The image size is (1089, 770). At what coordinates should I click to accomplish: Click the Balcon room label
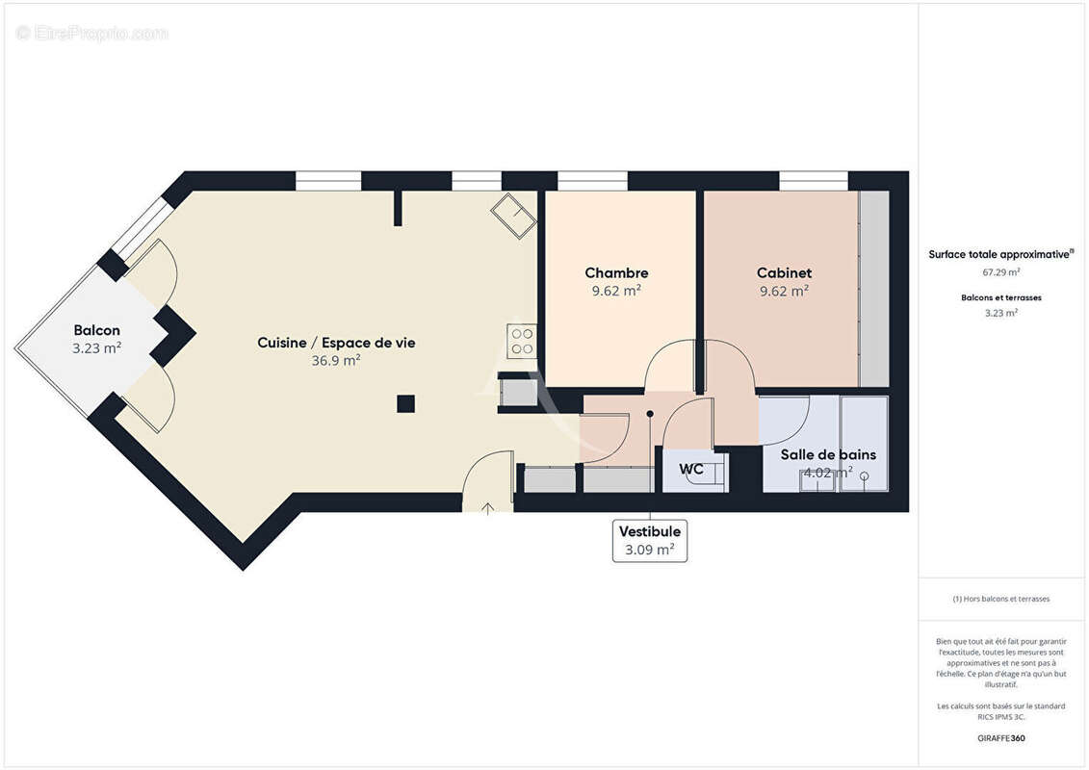[96, 330]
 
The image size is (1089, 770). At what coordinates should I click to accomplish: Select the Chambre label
[616, 273]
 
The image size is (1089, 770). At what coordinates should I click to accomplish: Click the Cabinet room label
[784, 273]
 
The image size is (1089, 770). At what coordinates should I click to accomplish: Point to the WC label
[690, 470]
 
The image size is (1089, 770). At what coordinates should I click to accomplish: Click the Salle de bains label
[828, 454]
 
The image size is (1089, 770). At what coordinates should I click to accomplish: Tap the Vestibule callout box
[650, 540]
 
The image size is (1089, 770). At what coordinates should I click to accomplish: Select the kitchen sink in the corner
[514, 216]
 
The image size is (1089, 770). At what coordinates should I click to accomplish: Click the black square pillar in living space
[406, 403]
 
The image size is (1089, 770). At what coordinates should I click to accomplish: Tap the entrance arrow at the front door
[488, 507]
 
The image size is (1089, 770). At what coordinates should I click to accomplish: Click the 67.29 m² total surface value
[1000, 271]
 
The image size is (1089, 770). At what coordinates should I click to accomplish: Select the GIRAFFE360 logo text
[1000, 738]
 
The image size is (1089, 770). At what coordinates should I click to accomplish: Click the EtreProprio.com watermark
[92, 34]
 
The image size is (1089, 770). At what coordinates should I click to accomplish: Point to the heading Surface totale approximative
[999, 254]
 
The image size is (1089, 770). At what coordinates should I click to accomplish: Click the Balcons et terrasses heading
[1000, 297]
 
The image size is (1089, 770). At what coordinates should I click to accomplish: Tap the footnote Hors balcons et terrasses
[1000, 599]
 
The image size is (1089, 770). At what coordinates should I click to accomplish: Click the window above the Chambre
[592, 180]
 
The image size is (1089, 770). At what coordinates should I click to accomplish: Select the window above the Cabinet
[814, 180]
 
